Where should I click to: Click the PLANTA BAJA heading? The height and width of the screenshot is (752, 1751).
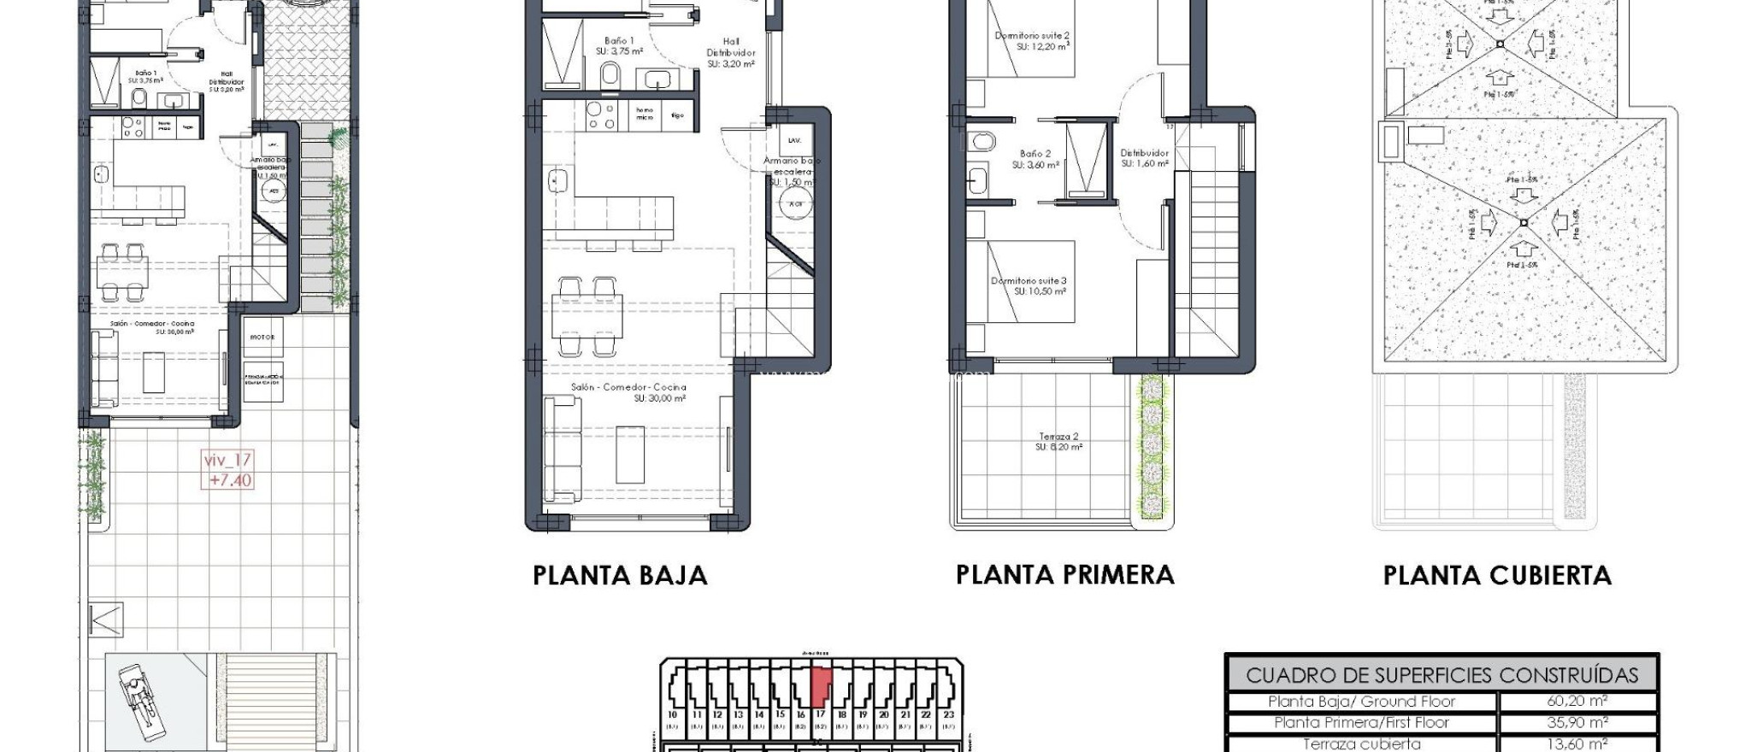coord(620,575)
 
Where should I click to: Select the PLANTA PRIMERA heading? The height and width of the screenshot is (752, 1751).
coord(1064,575)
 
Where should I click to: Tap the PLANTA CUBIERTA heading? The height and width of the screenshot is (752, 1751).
coord(1497,575)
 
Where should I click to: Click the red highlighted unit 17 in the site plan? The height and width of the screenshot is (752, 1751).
coord(820,684)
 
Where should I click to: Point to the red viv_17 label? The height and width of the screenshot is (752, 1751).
coord(228,469)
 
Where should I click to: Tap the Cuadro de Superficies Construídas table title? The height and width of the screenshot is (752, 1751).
coord(1441,675)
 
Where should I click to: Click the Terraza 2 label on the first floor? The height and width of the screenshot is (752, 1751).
coord(1058,441)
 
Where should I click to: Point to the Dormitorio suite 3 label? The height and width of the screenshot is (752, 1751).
coord(1029,285)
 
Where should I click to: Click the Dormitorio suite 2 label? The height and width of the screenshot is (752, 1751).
coord(1032,40)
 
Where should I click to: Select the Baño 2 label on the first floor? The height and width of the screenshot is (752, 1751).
coord(1035,159)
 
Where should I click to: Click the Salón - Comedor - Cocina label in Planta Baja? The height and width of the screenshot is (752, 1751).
coord(628,392)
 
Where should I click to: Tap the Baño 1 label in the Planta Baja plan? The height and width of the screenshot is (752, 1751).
coord(619,45)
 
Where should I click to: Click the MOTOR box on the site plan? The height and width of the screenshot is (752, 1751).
coord(262,338)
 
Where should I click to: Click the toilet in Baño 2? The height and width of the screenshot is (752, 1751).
coord(982,139)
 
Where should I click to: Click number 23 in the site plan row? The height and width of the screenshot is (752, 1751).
coord(948,714)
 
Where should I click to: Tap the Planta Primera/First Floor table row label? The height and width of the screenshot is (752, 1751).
coord(1361,722)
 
